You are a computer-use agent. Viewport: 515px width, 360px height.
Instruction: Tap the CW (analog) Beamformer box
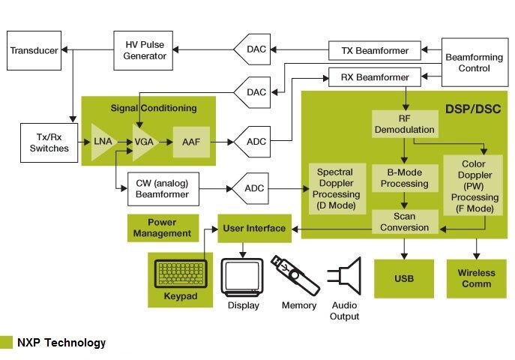click(x=163, y=188)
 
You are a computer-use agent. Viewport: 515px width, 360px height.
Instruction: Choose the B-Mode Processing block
click(x=405, y=178)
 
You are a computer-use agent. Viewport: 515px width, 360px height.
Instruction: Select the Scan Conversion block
click(x=405, y=222)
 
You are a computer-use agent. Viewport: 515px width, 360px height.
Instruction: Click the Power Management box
click(x=162, y=228)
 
